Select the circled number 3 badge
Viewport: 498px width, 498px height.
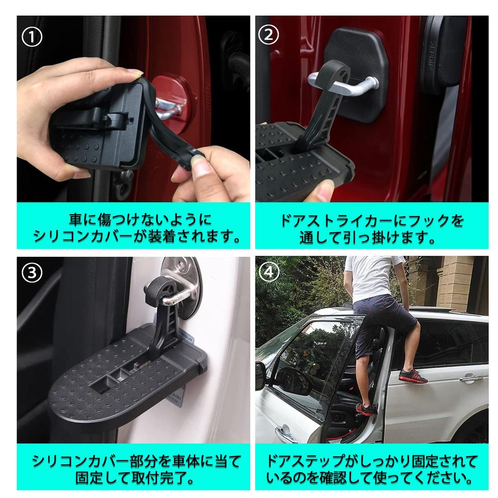pos(32,273)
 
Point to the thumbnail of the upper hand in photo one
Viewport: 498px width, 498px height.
pos(135,73)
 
